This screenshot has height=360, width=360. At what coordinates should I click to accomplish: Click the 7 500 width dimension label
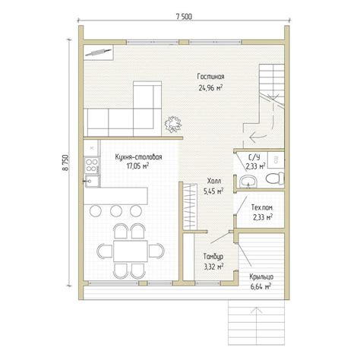pyautogui.click(x=184, y=17)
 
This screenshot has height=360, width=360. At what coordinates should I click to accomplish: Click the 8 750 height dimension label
pyautogui.click(x=65, y=163)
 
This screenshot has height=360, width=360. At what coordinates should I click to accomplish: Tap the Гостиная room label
pyautogui.click(x=210, y=77)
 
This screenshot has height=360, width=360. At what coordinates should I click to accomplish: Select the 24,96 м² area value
pyautogui.click(x=210, y=88)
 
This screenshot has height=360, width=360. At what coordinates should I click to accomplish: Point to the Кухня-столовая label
pyautogui.click(x=138, y=157)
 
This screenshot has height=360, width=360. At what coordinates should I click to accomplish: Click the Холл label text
pyautogui.click(x=214, y=181)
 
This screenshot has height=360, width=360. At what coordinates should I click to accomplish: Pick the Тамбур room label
pyautogui.click(x=213, y=257)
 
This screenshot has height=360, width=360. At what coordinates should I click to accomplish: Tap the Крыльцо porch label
pyautogui.click(x=261, y=276)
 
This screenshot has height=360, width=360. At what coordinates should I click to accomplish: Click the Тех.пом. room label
pyautogui.click(x=262, y=208)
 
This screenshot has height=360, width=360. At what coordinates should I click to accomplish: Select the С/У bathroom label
pyautogui.click(x=254, y=157)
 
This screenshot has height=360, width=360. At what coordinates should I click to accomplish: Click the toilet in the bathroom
pyautogui.click(x=275, y=178)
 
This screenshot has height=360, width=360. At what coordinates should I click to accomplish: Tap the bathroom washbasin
pyautogui.click(x=248, y=182)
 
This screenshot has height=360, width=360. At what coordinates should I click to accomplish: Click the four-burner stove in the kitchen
pyautogui.click(x=91, y=165)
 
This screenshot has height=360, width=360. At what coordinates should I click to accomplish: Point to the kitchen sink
pyautogui.click(x=91, y=181)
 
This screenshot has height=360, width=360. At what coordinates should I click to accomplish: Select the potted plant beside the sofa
pyautogui.click(x=173, y=124)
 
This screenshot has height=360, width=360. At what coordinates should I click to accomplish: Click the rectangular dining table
pyautogui.click(x=131, y=251)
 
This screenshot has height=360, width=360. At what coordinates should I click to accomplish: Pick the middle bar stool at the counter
pyautogui.click(x=116, y=210)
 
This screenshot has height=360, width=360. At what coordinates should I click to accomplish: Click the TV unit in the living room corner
pyautogui.click(x=98, y=52)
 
